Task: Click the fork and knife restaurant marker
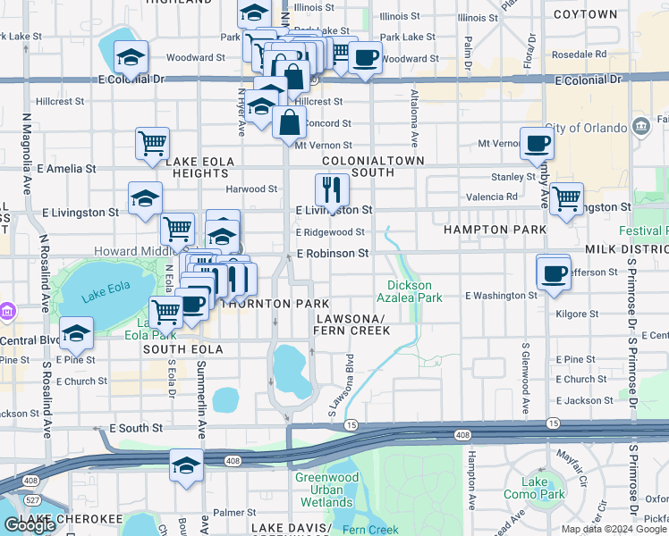coord(332,189)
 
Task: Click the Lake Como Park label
coord(546,489)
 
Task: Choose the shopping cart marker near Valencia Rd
coord(566,199)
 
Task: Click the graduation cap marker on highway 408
coord(186,465)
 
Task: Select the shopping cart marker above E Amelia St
coord(153,143)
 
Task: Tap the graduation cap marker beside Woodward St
coord(131,58)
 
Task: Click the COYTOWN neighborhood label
coord(586,14)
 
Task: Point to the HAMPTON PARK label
coord(495,230)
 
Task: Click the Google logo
coord(29,524)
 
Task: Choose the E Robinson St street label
coord(333,254)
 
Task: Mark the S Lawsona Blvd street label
coord(340,386)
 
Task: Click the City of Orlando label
coord(586,128)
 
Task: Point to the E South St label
coord(136,429)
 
